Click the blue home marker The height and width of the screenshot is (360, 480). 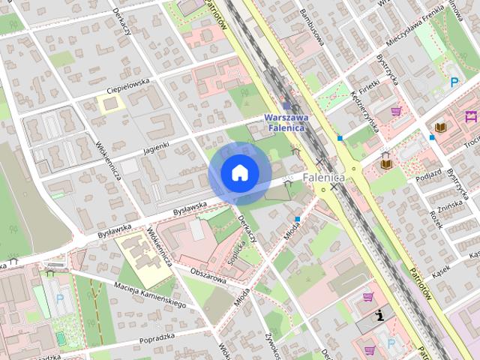tap(239, 173)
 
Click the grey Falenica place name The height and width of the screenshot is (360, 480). tap(323, 178)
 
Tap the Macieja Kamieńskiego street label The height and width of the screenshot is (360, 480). tap(150, 293)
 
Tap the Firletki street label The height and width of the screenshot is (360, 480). tap(369, 74)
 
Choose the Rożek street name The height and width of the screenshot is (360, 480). tap(436, 219)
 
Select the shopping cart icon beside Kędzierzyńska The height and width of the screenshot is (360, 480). tap(396, 111)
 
